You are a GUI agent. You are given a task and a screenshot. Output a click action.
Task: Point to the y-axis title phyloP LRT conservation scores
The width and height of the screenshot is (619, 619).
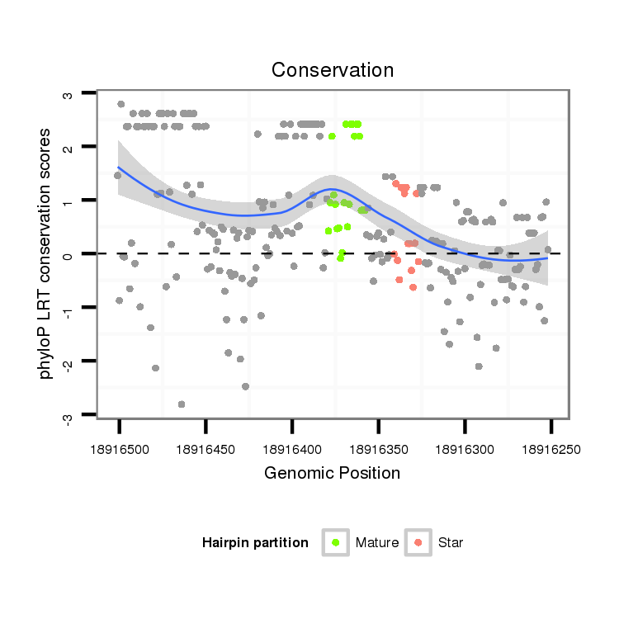[x=47, y=254]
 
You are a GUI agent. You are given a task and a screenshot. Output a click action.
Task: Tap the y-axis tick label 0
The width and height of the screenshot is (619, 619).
[x=68, y=254]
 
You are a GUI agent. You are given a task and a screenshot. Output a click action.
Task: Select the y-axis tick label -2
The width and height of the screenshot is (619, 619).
[x=68, y=363]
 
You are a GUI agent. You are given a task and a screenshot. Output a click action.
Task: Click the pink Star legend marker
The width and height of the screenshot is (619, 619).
[x=419, y=542]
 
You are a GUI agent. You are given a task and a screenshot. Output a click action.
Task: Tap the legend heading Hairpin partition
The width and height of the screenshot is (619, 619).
[x=255, y=543]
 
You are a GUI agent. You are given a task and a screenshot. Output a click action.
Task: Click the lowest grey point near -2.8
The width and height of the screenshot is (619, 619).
[x=182, y=404]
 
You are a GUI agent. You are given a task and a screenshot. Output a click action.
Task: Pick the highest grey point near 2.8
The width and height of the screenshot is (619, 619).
[x=121, y=104]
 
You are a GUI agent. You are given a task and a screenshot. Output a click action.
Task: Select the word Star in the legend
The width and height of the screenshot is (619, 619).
[x=451, y=543]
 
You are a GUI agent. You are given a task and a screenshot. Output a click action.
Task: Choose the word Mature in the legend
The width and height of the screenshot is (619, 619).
[x=377, y=543]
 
